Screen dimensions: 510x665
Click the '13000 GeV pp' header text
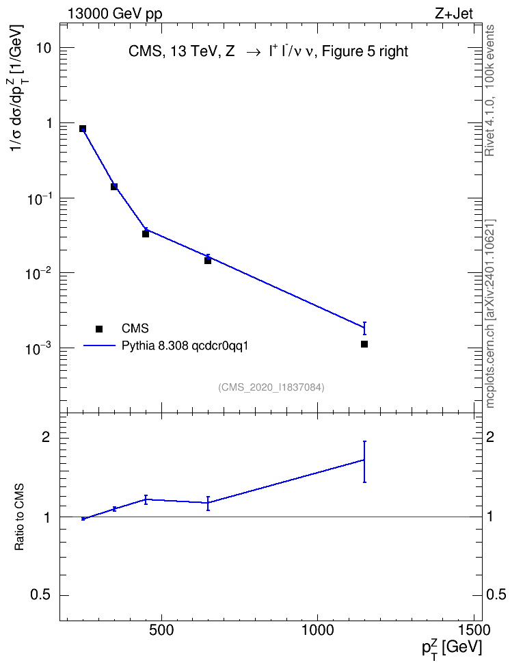tap(115, 14)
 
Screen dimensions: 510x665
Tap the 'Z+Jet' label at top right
tap(453, 14)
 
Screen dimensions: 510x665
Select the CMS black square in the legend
tap(99, 328)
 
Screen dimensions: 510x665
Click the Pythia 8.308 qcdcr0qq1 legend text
tap(185, 346)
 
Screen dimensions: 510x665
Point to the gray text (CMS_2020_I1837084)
tap(271, 387)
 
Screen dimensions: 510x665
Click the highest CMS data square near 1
tap(83, 129)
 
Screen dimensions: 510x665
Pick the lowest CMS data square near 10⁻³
tap(364, 344)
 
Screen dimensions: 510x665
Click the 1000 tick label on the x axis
tap(317, 630)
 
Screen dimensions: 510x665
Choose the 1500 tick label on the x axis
tap(474, 630)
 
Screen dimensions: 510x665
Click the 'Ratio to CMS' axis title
tap(19, 517)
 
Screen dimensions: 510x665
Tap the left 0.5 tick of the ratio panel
tap(40, 595)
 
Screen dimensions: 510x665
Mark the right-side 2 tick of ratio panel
tap(489, 437)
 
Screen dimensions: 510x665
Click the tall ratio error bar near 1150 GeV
tap(364, 462)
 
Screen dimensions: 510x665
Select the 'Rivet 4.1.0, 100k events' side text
tap(489, 90)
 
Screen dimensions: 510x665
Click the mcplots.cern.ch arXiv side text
tap(490, 313)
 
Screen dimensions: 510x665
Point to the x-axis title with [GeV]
tap(451, 649)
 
